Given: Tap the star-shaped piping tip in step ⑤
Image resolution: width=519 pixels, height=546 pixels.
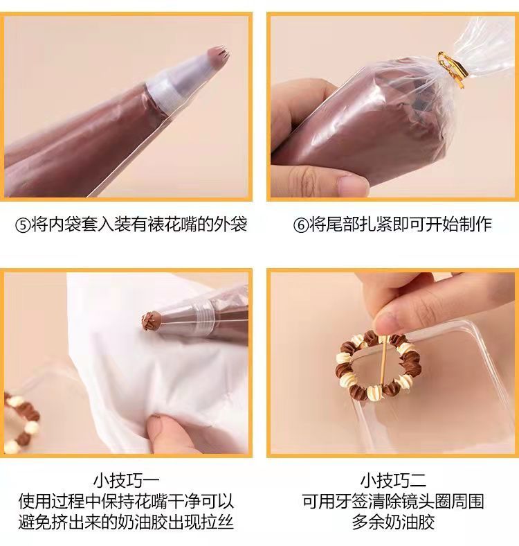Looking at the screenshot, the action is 217,55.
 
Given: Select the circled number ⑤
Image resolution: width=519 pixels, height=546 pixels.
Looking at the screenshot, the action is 23,225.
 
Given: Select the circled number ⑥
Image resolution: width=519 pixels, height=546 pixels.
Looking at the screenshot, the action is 300,225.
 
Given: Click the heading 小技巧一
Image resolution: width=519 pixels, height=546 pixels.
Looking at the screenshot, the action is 126,481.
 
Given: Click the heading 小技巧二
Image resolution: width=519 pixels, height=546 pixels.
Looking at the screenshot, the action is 393,481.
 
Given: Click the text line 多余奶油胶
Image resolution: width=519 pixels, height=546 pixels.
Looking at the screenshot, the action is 393,522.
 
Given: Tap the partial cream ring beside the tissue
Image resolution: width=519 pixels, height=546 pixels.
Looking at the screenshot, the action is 21,422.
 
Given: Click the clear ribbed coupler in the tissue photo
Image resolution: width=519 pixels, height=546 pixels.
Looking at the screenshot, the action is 203,319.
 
